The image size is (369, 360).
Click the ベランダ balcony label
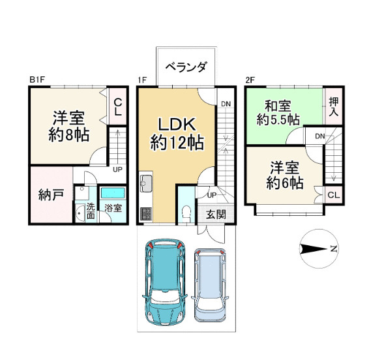(x=186, y=67)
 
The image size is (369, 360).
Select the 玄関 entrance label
(x=216, y=213)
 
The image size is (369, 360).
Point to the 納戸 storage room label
(x=50, y=195)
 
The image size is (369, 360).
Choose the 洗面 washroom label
(x=89, y=211)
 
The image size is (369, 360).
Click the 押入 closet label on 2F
(x=333, y=106)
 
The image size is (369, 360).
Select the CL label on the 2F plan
(x=332, y=196)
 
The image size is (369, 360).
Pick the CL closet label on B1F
(x=118, y=107)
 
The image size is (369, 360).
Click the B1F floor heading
(x=37, y=80)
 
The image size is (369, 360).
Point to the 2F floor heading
(x=249, y=80)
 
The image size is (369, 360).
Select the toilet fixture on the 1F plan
(x=186, y=212)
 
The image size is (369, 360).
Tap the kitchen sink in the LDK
(x=145, y=183)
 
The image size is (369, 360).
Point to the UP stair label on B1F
(x=117, y=170)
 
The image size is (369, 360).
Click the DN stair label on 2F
(x=319, y=136)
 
